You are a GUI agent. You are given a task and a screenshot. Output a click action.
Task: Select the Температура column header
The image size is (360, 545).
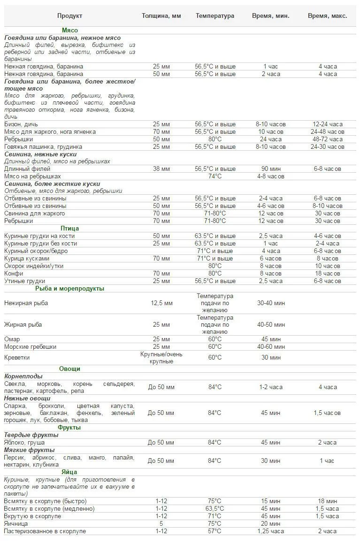click(x=215, y=16)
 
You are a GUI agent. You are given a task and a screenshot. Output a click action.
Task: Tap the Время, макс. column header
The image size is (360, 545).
click(x=328, y=16)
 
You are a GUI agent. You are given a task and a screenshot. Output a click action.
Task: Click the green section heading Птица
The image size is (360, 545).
click(x=69, y=229)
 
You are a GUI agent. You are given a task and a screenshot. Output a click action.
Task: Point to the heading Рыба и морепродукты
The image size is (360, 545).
click(x=69, y=289)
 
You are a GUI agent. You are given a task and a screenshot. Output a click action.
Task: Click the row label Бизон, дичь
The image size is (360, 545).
click(x=22, y=124)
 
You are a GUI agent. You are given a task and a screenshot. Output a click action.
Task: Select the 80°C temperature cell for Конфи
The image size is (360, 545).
click(x=215, y=274)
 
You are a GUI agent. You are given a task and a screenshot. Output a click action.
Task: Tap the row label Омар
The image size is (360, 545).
click(x=12, y=339)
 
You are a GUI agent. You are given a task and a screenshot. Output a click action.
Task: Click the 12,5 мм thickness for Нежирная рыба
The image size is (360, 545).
click(x=161, y=303)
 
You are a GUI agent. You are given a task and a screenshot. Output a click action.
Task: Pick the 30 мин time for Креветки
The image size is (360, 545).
click(x=271, y=358)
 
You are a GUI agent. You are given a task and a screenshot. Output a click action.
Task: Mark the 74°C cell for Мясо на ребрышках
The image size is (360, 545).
click(x=215, y=177)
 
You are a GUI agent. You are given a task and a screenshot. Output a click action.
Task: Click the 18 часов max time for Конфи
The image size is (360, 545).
click(x=328, y=274)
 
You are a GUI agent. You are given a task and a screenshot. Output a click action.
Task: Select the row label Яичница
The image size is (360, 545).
click(x=16, y=524)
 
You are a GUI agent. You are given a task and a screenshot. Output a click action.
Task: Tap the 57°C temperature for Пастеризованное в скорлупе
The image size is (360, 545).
click(x=215, y=531)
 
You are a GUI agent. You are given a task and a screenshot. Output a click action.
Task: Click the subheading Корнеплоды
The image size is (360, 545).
click(x=23, y=376)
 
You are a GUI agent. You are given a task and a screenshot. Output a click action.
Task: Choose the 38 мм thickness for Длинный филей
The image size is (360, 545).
click(x=161, y=169)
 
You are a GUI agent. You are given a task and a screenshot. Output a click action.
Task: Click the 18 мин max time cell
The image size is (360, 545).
click(x=328, y=501)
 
